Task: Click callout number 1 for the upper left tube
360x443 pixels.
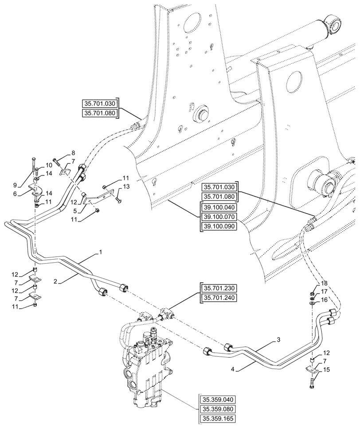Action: coord(101,252)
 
